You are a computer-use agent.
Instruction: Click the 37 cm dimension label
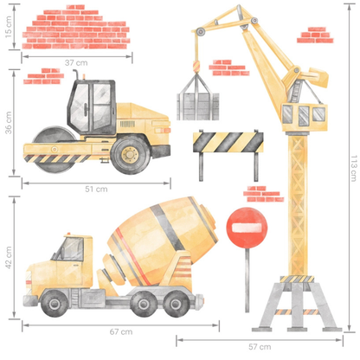(x=76, y=63)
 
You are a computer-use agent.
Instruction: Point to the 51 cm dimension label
(x=95, y=189)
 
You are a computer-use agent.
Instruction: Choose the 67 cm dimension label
(x=121, y=331)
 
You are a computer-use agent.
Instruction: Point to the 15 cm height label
(x=9, y=31)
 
